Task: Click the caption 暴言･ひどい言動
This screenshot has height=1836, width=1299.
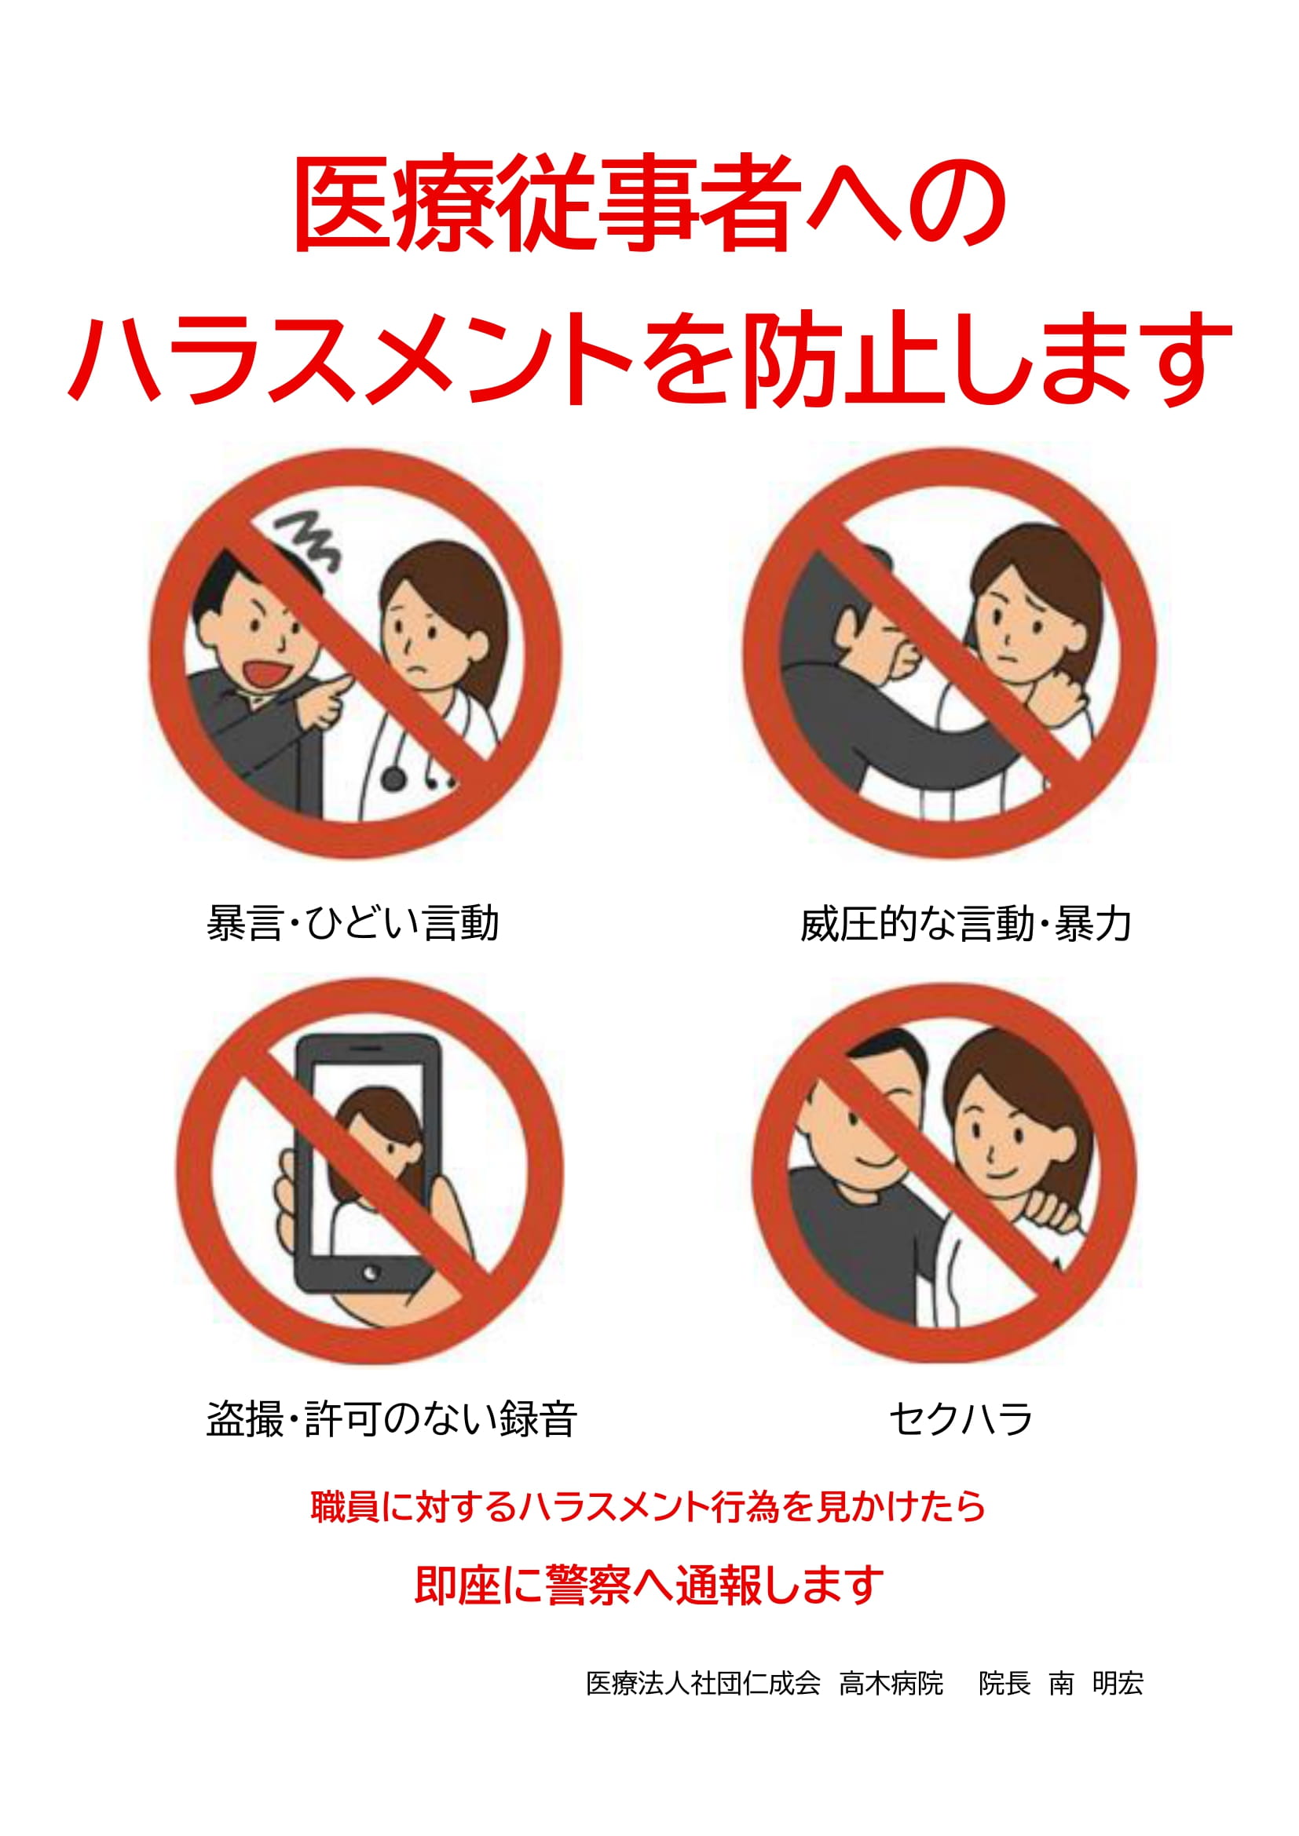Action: pyautogui.click(x=353, y=924)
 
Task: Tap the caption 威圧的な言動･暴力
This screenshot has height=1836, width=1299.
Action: pyautogui.click(x=965, y=925)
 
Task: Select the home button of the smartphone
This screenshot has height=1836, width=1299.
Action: pyautogui.click(x=370, y=1272)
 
